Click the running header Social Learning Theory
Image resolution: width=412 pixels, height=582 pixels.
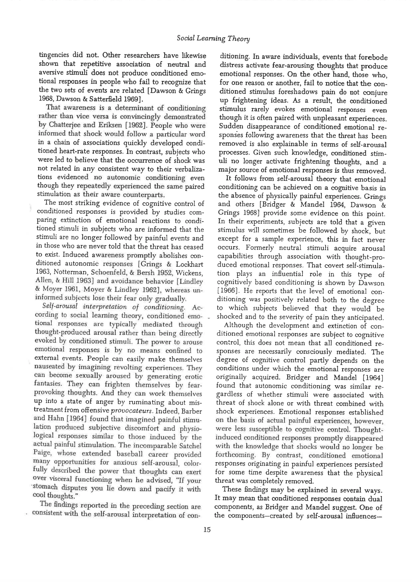[x=213, y=39]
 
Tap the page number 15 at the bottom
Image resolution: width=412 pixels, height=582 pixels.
[x=207, y=530]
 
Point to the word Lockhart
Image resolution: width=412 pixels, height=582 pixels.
[x=190, y=264]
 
